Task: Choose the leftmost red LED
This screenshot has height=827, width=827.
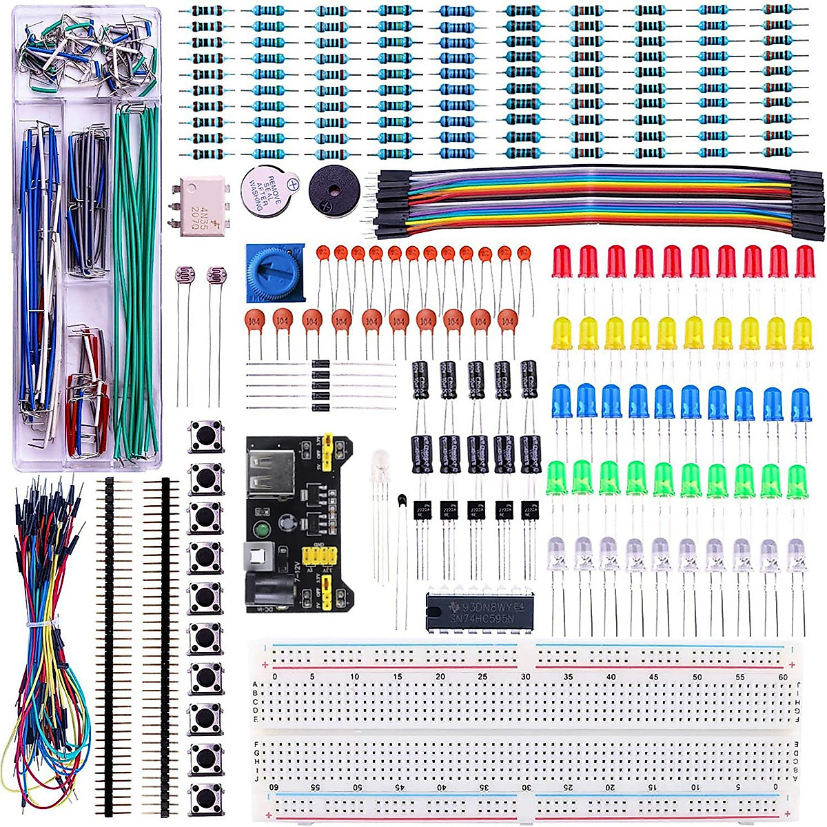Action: tap(562, 262)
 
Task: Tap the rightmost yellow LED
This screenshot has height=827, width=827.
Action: tap(802, 334)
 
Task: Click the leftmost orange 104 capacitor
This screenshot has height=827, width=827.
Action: tap(255, 321)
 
